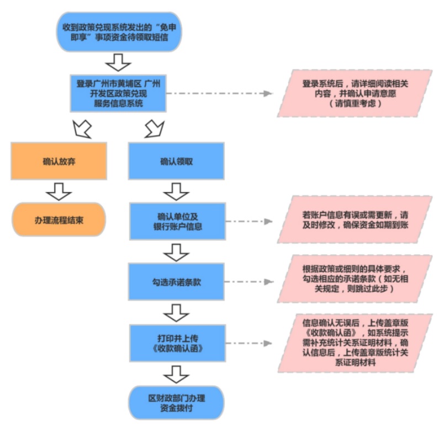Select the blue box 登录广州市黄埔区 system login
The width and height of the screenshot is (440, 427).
(118, 93)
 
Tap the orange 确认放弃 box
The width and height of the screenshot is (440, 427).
(59, 161)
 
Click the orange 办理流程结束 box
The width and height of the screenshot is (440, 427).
(59, 220)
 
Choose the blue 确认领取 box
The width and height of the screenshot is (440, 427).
(176, 161)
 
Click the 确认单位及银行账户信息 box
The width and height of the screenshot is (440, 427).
(176, 221)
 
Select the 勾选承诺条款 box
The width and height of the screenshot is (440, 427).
(176, 281)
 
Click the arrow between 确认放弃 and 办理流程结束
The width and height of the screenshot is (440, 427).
(59, 191)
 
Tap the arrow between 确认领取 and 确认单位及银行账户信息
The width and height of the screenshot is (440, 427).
(176, 191)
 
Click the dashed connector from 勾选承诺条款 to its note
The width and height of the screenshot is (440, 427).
(252, 281)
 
